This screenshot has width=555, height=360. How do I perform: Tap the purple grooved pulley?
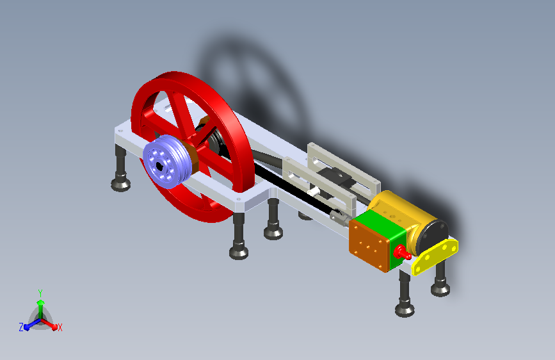tap(166, 161)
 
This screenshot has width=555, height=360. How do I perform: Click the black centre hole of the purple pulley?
tap(159, 166)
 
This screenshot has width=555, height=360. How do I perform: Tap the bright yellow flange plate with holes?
tap(435, 256)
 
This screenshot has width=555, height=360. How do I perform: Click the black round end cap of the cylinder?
tap(432, 237)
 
